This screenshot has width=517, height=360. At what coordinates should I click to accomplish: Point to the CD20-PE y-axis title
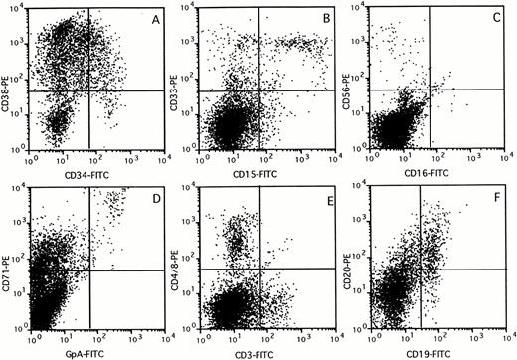click(x=356, y=261)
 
